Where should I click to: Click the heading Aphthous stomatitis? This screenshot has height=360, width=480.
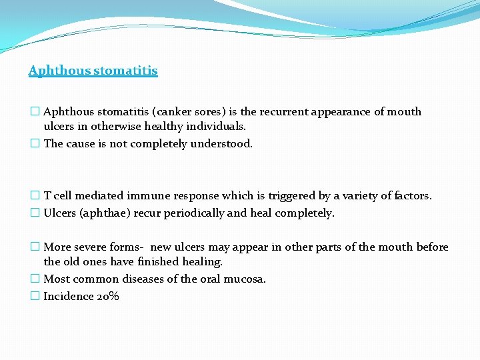(93, 70)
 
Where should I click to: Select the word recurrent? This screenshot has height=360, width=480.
(288, 112)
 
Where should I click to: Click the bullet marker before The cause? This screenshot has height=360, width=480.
(35, 143)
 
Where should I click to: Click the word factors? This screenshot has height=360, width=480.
(413, 196)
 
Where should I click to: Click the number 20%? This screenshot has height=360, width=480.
(107, 296)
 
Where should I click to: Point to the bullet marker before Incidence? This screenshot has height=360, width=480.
(35, 296)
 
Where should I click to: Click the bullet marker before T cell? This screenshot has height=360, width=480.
(35, 196)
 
